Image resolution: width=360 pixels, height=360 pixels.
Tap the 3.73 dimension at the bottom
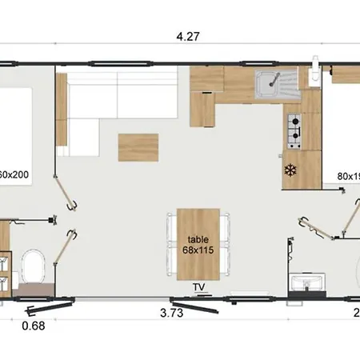pos(171,314)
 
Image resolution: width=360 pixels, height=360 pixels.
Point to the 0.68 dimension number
pos(32,325)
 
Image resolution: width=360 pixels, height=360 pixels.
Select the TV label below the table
pos(198,286)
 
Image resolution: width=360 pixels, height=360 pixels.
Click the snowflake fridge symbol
pos(290,170)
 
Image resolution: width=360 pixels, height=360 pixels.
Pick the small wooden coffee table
pos(138,146)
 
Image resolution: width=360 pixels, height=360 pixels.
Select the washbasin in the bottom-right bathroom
pos(307,282)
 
